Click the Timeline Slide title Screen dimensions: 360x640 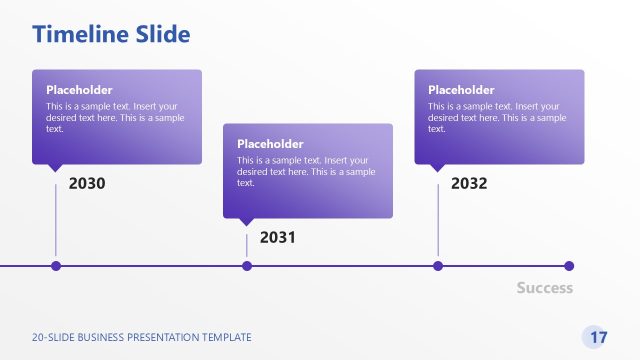point(111,35)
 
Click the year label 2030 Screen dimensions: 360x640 point(87,184)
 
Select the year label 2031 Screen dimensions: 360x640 point(278,238)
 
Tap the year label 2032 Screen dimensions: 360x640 point(469,184)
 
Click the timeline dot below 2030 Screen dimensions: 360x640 point(56,266)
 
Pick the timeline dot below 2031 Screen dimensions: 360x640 point(247,266)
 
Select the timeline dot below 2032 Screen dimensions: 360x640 point(438,266)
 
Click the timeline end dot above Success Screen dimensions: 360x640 point(569,266)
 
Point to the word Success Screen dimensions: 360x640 point(545,288)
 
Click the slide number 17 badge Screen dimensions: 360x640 point(598,337)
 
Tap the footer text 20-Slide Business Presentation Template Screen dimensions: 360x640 point(142,338)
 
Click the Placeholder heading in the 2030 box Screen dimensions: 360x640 point(79,90)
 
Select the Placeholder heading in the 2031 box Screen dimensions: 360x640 point(270,144)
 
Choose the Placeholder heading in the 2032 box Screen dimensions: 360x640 point(461,90)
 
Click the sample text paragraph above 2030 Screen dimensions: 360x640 point(115,117)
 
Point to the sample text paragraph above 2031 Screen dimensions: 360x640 point(306,171)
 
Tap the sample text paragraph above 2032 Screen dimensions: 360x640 point(497,117)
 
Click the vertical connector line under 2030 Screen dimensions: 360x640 point(56,220)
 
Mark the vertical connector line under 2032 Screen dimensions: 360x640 point(438,220)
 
